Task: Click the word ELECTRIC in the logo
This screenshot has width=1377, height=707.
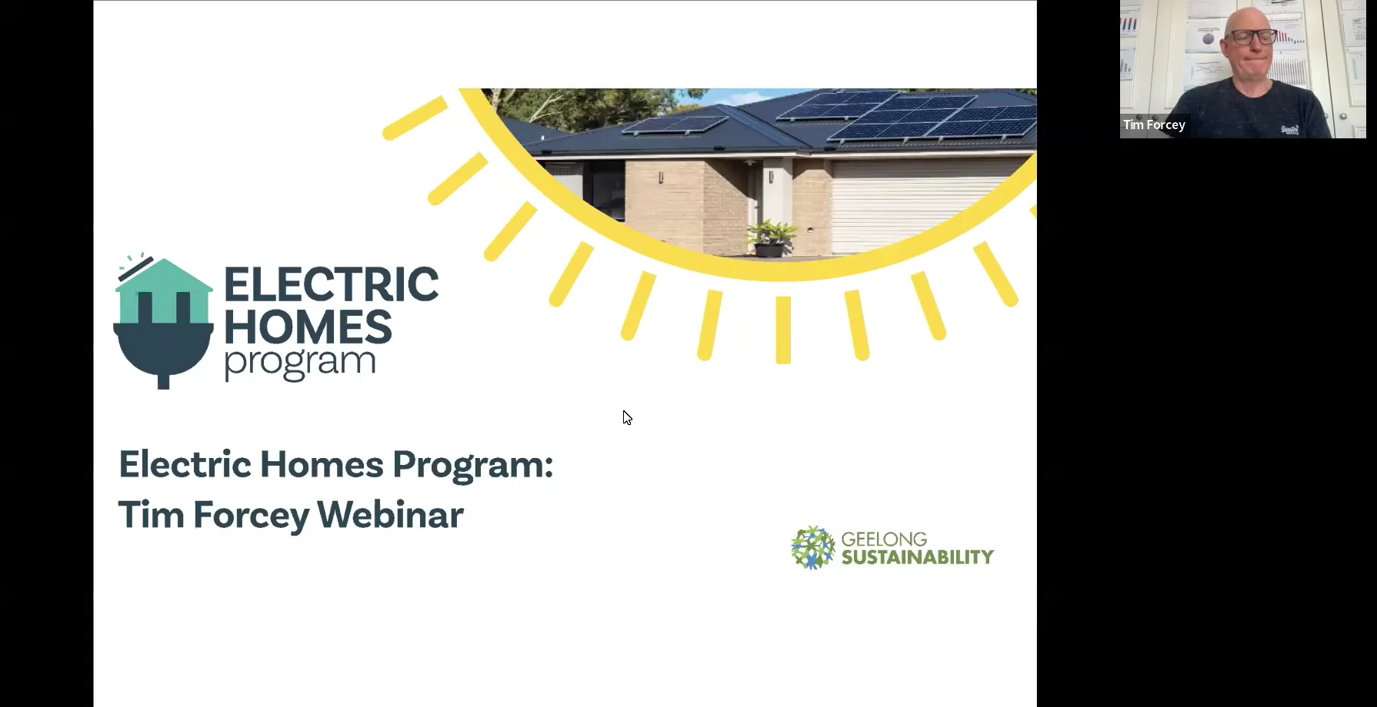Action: point(331,284)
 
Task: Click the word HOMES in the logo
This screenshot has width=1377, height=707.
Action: point(308,327)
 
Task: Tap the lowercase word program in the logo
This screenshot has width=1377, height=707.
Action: point(299,363)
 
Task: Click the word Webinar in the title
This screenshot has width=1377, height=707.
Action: point(390,514)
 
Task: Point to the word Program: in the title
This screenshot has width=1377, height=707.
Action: point(472,465)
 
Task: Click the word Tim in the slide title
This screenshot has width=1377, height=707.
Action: point(151,514)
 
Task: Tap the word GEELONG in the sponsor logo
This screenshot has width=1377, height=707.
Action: point(884,539)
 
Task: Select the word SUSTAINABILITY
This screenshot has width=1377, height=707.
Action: point(917,557)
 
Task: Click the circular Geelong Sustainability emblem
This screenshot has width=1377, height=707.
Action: point(812,547)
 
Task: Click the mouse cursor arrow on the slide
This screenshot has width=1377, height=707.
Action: point(627,417)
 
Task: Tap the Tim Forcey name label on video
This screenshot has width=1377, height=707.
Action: point(1154,124)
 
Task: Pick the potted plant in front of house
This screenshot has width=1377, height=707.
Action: point(770,238)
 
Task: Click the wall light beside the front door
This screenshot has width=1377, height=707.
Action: point(771,177)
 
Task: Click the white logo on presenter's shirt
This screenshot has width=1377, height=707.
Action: point(1290,129)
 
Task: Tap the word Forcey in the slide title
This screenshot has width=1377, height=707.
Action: point(251,514)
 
